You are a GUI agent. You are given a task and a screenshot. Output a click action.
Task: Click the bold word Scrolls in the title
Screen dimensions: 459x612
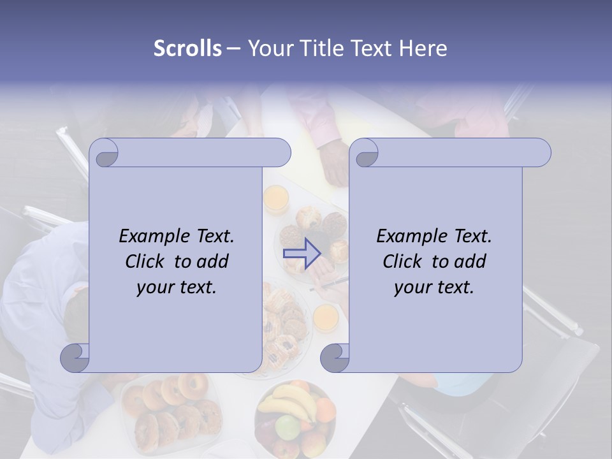[187, 48]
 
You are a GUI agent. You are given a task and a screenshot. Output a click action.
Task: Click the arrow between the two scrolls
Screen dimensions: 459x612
[302, 253]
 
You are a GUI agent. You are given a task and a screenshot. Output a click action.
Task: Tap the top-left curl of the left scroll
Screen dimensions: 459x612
[104, 154]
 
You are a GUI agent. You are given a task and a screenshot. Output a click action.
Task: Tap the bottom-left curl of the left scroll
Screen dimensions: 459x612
[75, 358]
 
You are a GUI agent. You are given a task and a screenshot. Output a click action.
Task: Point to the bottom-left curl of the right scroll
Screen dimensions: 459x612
[335, 358]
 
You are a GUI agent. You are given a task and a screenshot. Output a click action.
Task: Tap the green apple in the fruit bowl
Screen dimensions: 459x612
[286, 425]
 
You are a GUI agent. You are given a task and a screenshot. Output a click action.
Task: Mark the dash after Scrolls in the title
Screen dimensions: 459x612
[233, 48]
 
